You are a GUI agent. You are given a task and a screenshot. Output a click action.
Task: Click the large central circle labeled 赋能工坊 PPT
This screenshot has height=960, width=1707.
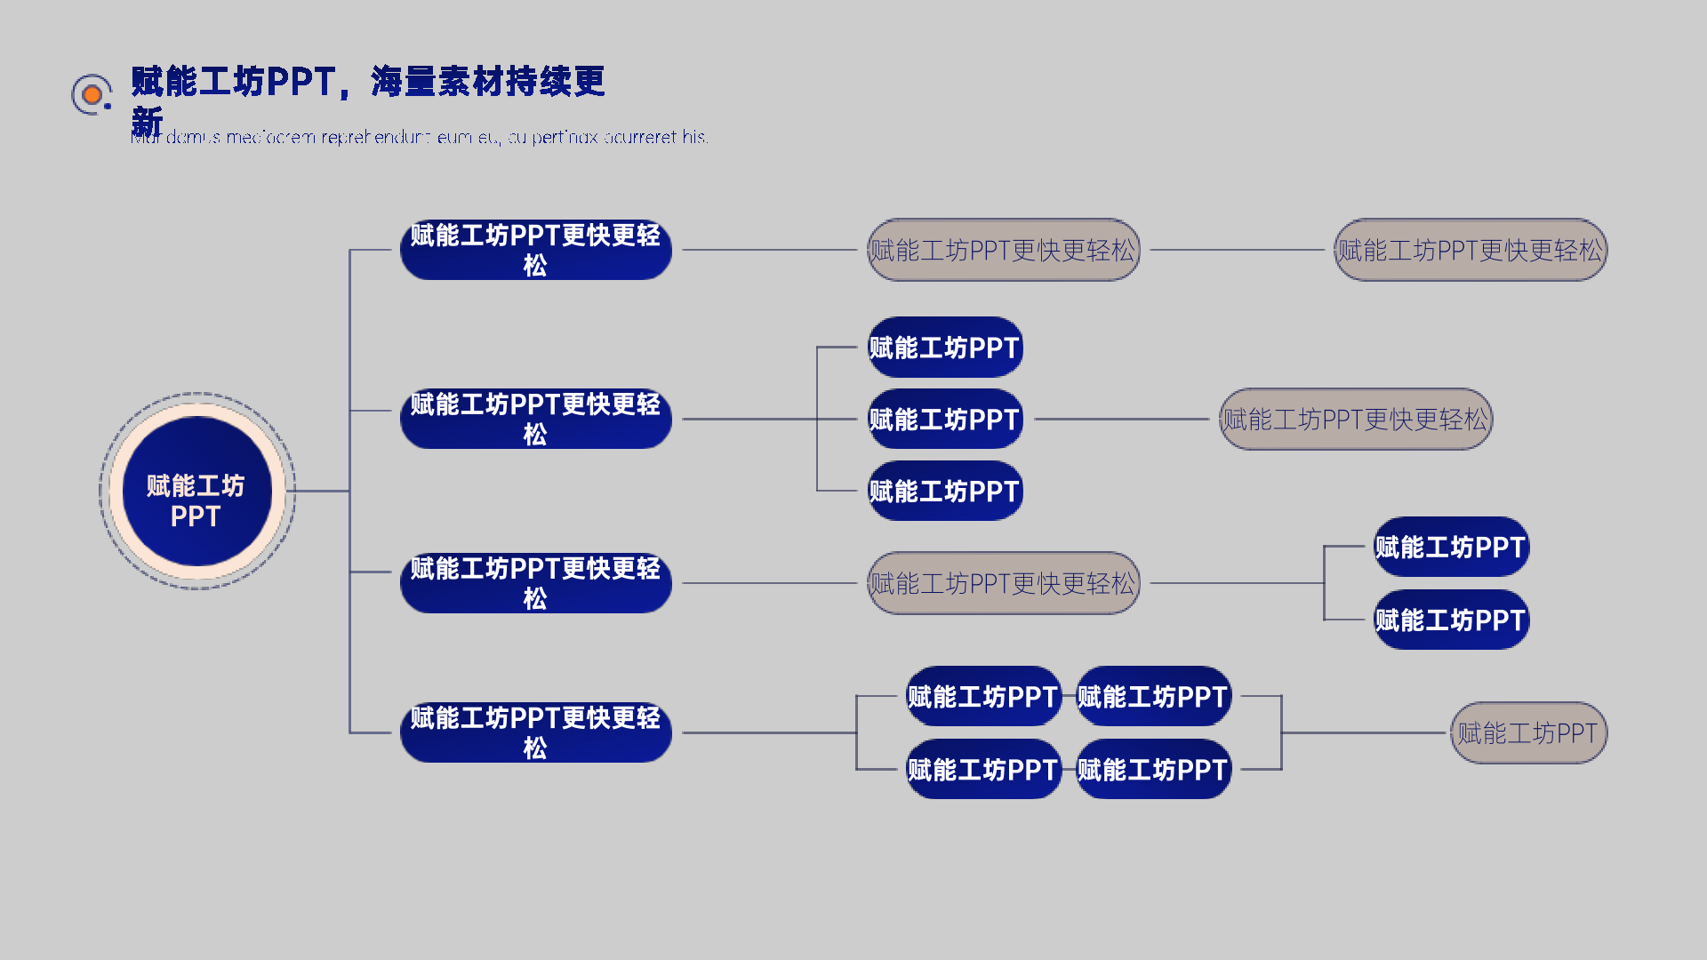tap(196, 491)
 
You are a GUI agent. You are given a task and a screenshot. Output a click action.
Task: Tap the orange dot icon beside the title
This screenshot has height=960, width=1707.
tap(92, 94)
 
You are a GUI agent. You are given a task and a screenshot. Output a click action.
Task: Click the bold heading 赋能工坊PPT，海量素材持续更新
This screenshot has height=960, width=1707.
tap(367, 82)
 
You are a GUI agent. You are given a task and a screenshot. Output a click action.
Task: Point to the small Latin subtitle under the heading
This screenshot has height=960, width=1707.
tap(420, 138)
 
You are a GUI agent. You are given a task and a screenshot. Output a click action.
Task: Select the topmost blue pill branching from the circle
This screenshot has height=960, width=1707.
tap(535, 250)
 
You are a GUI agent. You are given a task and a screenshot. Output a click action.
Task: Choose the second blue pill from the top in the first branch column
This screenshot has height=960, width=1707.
tap(535, 419)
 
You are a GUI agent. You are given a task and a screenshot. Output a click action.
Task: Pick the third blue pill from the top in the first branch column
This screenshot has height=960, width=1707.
tap(535, 583)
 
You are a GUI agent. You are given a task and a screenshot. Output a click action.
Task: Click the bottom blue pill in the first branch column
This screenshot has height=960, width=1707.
tap(535, 732)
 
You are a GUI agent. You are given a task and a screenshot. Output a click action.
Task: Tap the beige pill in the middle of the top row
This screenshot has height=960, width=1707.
tap(1003, 250)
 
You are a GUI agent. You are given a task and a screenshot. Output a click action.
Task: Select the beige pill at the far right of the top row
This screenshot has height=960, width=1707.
tap(1470, 250)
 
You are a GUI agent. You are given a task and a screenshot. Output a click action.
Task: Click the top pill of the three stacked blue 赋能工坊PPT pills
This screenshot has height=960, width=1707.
tap(944, 348)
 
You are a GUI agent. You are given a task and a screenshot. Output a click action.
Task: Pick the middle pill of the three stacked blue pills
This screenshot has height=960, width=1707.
tap(944, 419)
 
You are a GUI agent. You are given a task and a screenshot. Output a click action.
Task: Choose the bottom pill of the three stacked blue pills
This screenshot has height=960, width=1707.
tap(944, 491)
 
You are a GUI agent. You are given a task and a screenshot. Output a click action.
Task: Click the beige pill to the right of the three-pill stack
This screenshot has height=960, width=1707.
tap(1355, 419)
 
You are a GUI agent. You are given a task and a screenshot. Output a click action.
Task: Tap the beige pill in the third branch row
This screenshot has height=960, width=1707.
tap(1003, 583)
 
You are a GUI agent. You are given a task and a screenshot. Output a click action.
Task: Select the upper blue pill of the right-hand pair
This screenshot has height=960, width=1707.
tap(1451, 547)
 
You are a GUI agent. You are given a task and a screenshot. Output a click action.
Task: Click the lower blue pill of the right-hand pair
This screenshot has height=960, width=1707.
tap(1451, 620)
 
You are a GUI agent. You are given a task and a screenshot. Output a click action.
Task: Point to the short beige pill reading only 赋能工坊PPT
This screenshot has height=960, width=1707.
tap(1528, 732)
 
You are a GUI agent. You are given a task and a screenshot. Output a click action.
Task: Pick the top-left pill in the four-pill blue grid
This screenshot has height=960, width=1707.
tap(982, 696)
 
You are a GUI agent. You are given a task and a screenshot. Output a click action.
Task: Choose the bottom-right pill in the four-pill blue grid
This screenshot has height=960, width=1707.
tap(1153, 769)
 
